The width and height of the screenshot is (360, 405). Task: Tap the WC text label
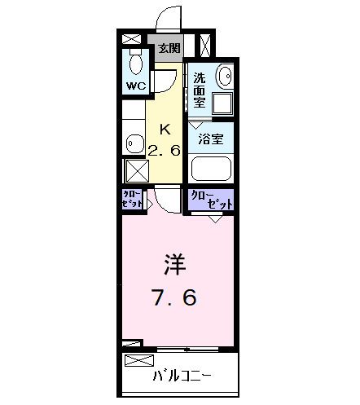(134, 85)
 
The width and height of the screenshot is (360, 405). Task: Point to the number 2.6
(165, 148)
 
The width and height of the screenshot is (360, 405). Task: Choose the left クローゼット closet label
(133, 198)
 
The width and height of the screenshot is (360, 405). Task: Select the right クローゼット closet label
(211, 199)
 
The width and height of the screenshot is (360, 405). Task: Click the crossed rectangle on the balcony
(138, 359)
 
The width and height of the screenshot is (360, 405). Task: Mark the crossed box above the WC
(131, 38)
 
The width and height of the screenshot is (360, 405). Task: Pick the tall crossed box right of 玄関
(207, 46)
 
